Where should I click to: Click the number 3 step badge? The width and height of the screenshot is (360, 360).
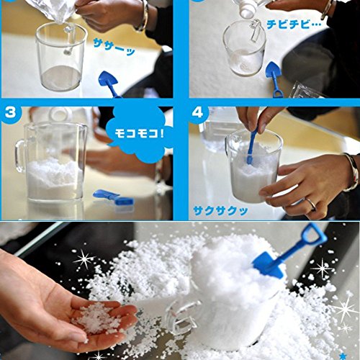(10, 112)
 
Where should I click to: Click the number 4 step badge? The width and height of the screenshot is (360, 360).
(197, 112)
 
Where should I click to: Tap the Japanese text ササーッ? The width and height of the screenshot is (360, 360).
(114, 47)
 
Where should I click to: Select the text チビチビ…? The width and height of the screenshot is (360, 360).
(294, 24)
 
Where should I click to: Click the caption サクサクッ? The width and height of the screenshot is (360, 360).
(220, 211)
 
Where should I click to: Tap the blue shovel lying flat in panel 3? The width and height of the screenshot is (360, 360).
(113, 197)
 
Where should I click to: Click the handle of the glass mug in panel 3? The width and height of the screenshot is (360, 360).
(19, 156)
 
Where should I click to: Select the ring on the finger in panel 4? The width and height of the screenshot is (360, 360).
(311, 204)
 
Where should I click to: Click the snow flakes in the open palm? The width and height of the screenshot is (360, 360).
(96, 317)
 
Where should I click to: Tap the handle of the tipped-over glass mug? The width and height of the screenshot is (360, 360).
(182, 315)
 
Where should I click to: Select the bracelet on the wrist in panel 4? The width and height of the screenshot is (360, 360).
(352, 172)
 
